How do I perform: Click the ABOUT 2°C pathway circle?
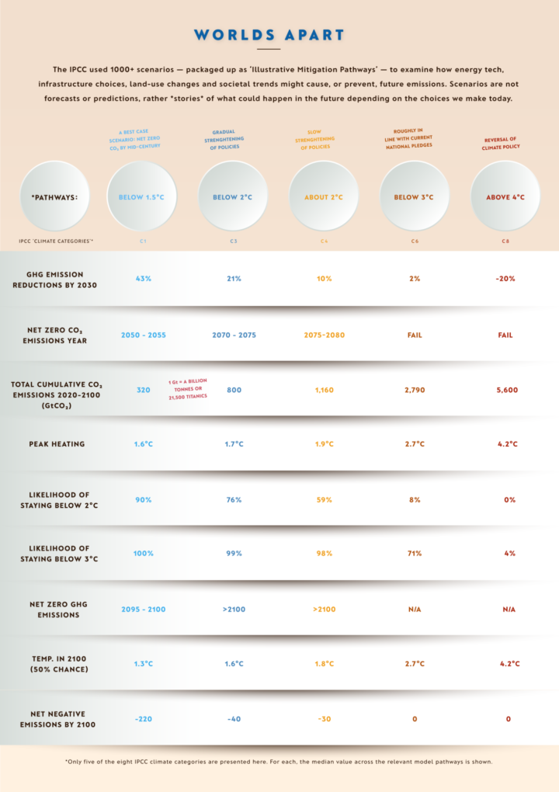(x=325, y=197)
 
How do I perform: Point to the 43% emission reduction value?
(x=143, y=279)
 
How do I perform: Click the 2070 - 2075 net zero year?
(x=234, y=335)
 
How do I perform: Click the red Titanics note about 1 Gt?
(x=189, y=390)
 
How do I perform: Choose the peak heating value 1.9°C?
(x=325, y=444)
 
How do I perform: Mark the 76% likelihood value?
(x=234, y=500)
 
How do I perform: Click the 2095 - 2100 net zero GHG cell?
(x=143, y=610)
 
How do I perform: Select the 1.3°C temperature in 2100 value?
(x=143, y=664)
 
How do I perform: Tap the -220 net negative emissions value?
(x=143, y=719)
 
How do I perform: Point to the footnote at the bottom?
(x=279, y=762)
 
